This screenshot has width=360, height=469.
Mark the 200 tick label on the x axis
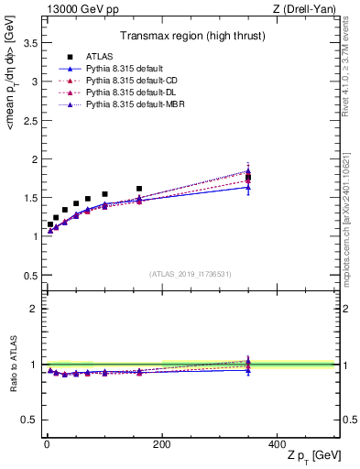(x=161, y=443)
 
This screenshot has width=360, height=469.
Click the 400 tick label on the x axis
(x=277, y=443)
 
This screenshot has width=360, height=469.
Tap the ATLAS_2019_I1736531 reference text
(x=191, y=273)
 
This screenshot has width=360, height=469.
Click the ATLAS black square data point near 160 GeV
(x=139, y=189)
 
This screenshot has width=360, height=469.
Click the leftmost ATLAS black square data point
(x=50, y=224)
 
